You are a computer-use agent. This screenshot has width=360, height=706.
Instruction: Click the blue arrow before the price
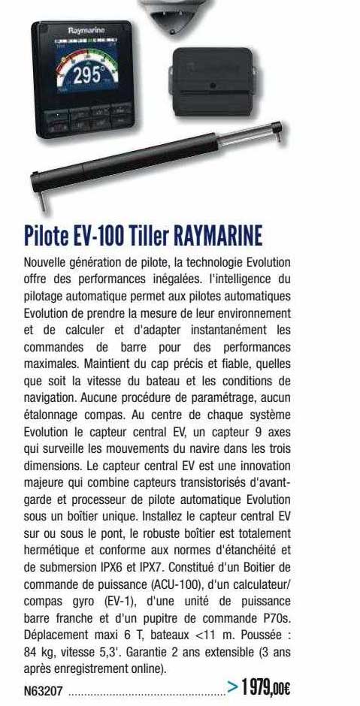pyautogui.click(x=234, y=686)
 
